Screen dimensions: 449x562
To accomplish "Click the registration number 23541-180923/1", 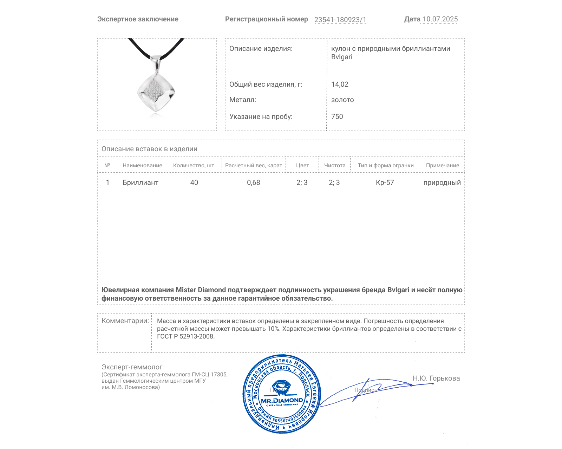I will click(x=340, y=20).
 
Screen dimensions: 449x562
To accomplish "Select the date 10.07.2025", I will click(x=440, y=19).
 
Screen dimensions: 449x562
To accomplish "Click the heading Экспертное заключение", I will click(x=138, y=19).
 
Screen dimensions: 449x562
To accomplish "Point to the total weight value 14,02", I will click(x=340, y=84).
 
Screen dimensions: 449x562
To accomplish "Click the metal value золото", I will click(x=342, y=100).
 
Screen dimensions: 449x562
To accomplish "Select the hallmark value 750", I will click(x=337, y=116).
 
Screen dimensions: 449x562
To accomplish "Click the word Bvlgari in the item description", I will click(x=342, y=57).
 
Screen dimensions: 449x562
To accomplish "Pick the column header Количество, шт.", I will click(x=194, y=166).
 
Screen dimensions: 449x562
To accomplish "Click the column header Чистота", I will click(x=335, y=166).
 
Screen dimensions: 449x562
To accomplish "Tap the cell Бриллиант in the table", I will click(x=140, y=182).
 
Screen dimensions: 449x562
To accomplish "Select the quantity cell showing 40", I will click(x=194, y=182).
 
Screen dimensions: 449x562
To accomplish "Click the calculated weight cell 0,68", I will click(x=254, y=182).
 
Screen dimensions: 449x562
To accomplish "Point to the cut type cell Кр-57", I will click(x=385, y=182).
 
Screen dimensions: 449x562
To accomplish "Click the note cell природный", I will click(x=442, y=182).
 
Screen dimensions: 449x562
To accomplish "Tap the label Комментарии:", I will click(x=125, y=321).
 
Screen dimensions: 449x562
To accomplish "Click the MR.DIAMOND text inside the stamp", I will click(x=282, y=401).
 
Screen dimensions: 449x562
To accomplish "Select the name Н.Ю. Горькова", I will click(x=436, y=378).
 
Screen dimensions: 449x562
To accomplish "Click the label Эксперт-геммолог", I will click(x=132, y=367).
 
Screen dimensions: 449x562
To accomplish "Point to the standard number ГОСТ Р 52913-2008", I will click(x=185, y=336).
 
